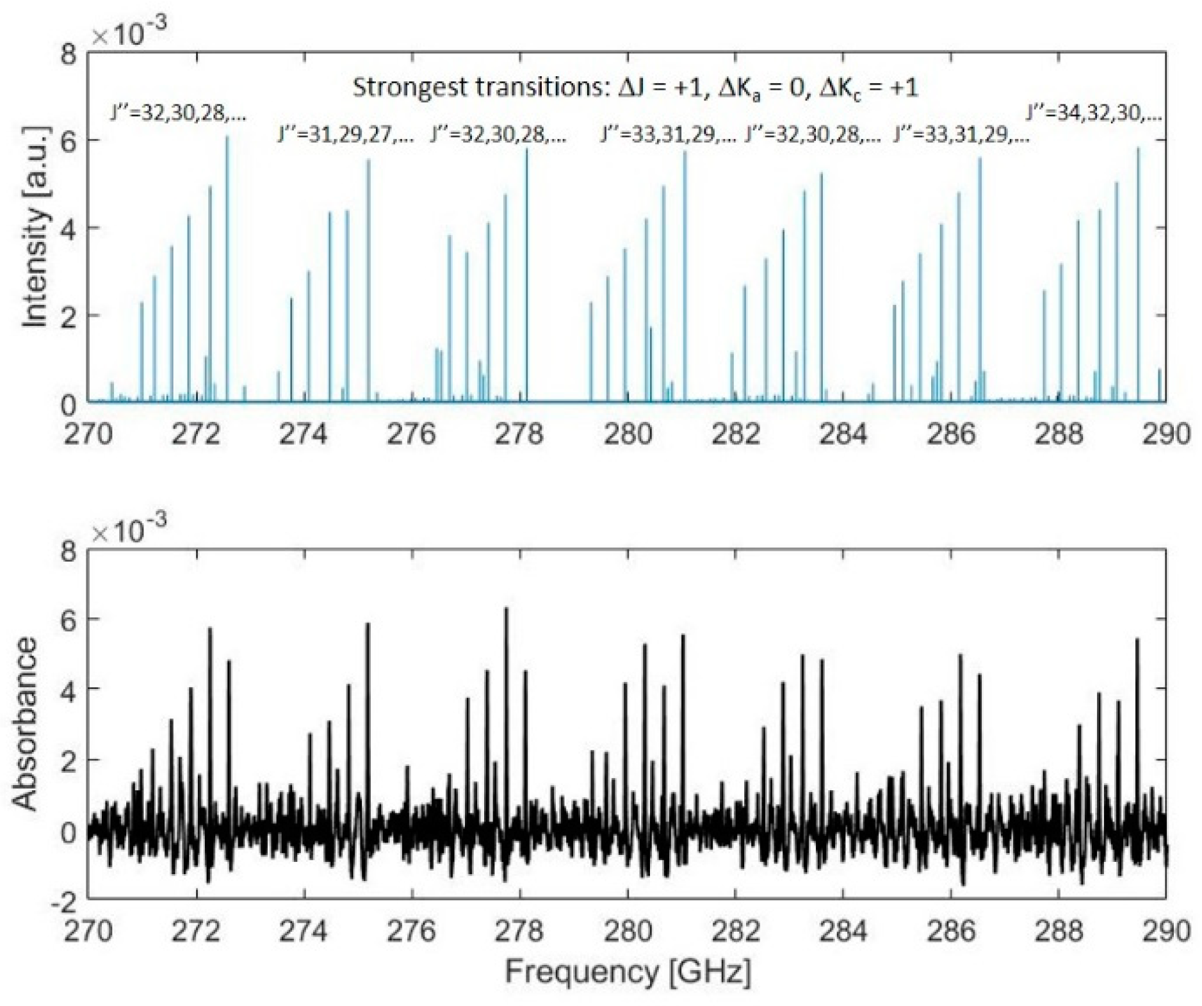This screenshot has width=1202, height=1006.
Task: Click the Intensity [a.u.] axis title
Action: click(x=35, y=227)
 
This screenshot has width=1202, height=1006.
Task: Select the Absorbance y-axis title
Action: click(x=26, y=724)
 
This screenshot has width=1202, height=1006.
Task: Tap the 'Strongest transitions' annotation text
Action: click(x=635, y=87)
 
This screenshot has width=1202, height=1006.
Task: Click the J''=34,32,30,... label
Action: click(x=1093, y=114)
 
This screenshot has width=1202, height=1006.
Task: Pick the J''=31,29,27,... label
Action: click(x=346, y=135)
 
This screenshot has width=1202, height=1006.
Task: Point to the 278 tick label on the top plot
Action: click(x=519, y=434)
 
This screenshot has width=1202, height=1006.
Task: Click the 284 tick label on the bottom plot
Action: click(x=843, y=930)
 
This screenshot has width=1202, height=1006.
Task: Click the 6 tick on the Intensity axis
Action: click(x=69, y=140)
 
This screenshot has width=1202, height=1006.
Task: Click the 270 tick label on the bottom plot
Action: click(x=88, y=930)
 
